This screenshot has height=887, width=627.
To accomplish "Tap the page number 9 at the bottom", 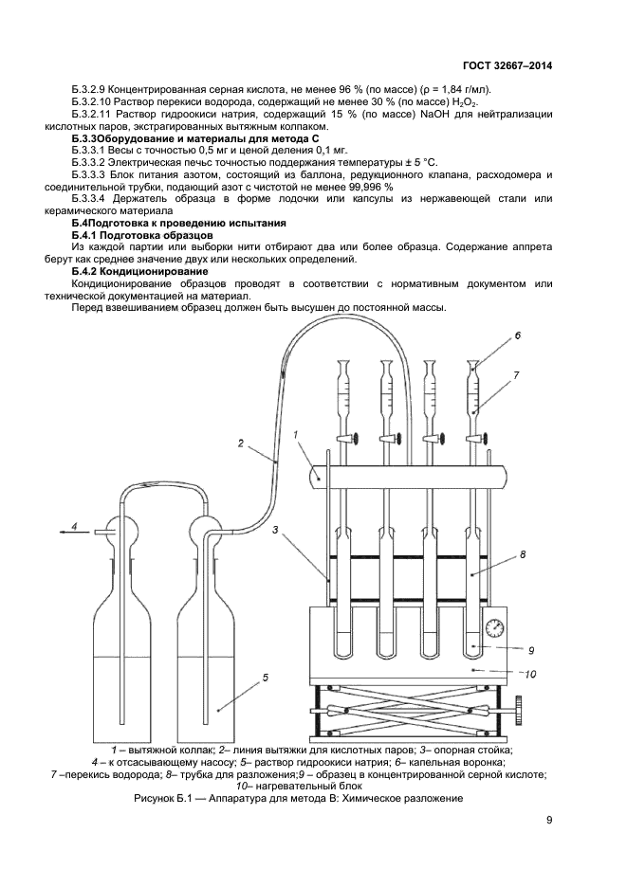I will coord(549,821).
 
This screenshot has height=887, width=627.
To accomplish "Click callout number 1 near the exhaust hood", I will coord(296,435).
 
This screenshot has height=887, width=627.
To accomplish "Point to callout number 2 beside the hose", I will coord(241,442).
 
